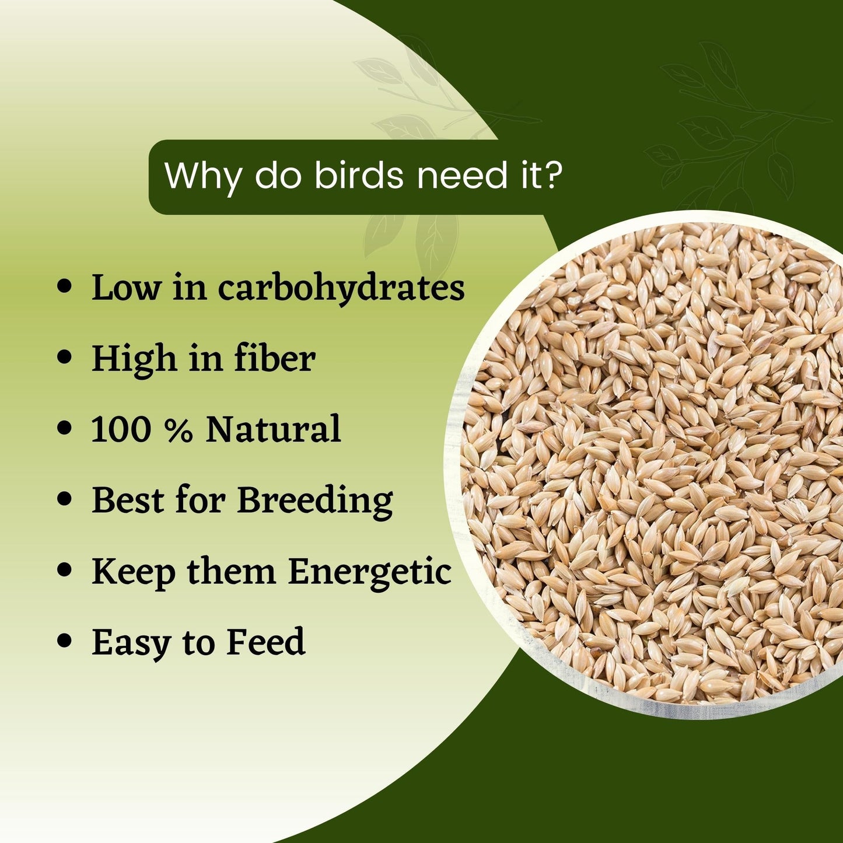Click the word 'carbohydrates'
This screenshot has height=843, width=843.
(341, 288)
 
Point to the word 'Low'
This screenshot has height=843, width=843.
(126, 288)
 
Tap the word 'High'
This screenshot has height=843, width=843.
(134, 359)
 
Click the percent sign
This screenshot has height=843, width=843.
(179, 429)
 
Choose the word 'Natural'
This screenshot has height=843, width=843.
(273, 428)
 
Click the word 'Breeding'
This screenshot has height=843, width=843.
(315, 501)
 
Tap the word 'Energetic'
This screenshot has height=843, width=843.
(370, 572)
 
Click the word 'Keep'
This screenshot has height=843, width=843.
(134, 573)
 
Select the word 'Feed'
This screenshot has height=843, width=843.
(265, 641)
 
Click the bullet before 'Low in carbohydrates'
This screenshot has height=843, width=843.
(64, 287)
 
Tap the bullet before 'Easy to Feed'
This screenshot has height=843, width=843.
(64, 641)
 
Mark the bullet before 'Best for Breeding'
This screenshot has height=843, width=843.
(64, 499)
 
